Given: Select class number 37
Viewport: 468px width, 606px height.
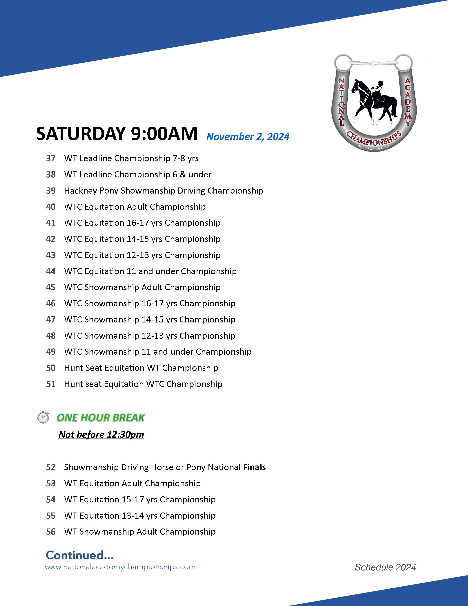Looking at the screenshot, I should click(51, 158).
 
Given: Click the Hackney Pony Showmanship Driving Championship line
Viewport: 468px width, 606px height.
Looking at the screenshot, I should click(164, 191).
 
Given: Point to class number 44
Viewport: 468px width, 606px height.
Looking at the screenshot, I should click(51, 271).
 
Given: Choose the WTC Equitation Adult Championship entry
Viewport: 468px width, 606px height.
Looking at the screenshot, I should click(135, 207).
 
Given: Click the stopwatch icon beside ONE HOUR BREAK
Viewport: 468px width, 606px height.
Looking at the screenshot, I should click(43, 417).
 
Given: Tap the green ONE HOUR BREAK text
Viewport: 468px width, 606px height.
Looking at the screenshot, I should click(101, 418).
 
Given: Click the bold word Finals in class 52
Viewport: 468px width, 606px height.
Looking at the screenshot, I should click(254, 467).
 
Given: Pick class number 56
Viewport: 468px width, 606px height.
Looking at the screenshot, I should click(51, 532).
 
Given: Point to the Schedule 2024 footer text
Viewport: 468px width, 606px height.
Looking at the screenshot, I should click(385, 567).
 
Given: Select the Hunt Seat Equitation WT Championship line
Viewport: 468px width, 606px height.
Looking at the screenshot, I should click(141, 368).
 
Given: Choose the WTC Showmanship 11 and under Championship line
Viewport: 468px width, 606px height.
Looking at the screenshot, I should click(158, 352).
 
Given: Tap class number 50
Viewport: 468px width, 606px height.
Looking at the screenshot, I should click(51, 368).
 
